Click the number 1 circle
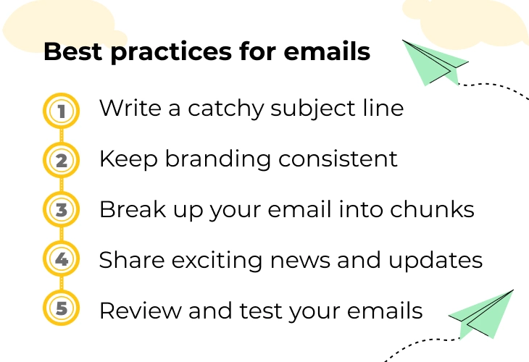point(61,111)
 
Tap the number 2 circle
point(61,160)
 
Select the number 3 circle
point(61,209)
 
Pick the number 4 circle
point(61,258)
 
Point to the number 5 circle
point(61,308)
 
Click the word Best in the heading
point(73,51)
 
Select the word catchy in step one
point(225,109)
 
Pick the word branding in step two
point(218,159)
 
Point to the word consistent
point(338,159)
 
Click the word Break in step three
point(133,209)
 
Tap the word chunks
point(432,209)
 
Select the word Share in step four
point(132,260)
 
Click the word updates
point(436,261)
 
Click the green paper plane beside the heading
point(436,63)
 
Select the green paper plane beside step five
point(481,314)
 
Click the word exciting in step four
point(217,261)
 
